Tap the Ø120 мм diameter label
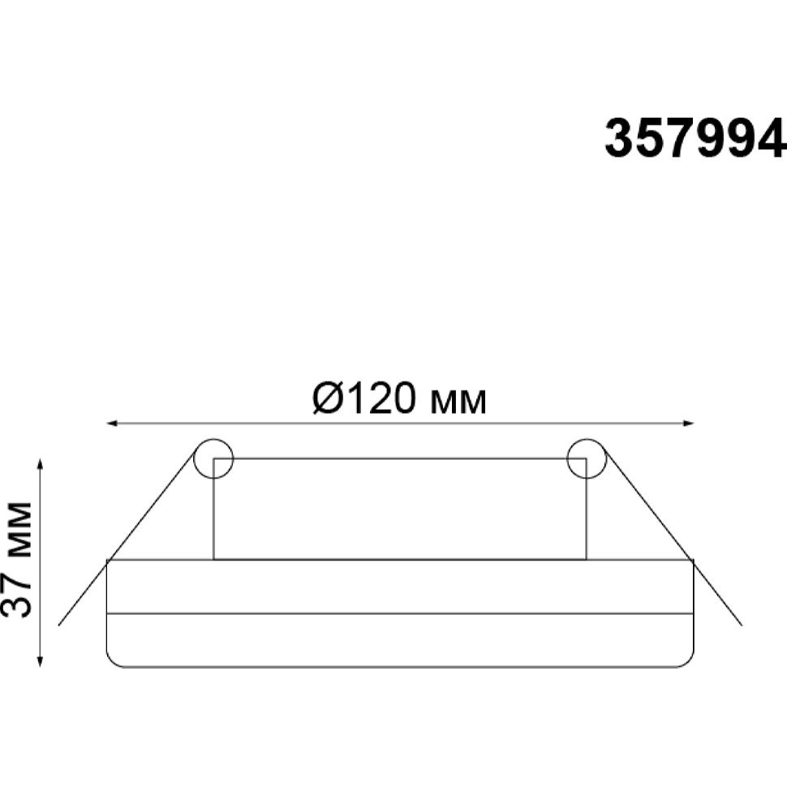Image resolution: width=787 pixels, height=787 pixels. (399, 398)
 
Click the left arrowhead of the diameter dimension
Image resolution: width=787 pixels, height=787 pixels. (113, 424)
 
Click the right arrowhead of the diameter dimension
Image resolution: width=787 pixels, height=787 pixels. (688, 424)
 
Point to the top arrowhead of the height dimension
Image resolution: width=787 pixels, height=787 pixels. (40, 464)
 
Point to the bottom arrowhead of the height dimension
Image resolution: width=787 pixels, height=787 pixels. (40, 661)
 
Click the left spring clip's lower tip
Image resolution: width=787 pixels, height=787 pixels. (59, 625)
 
